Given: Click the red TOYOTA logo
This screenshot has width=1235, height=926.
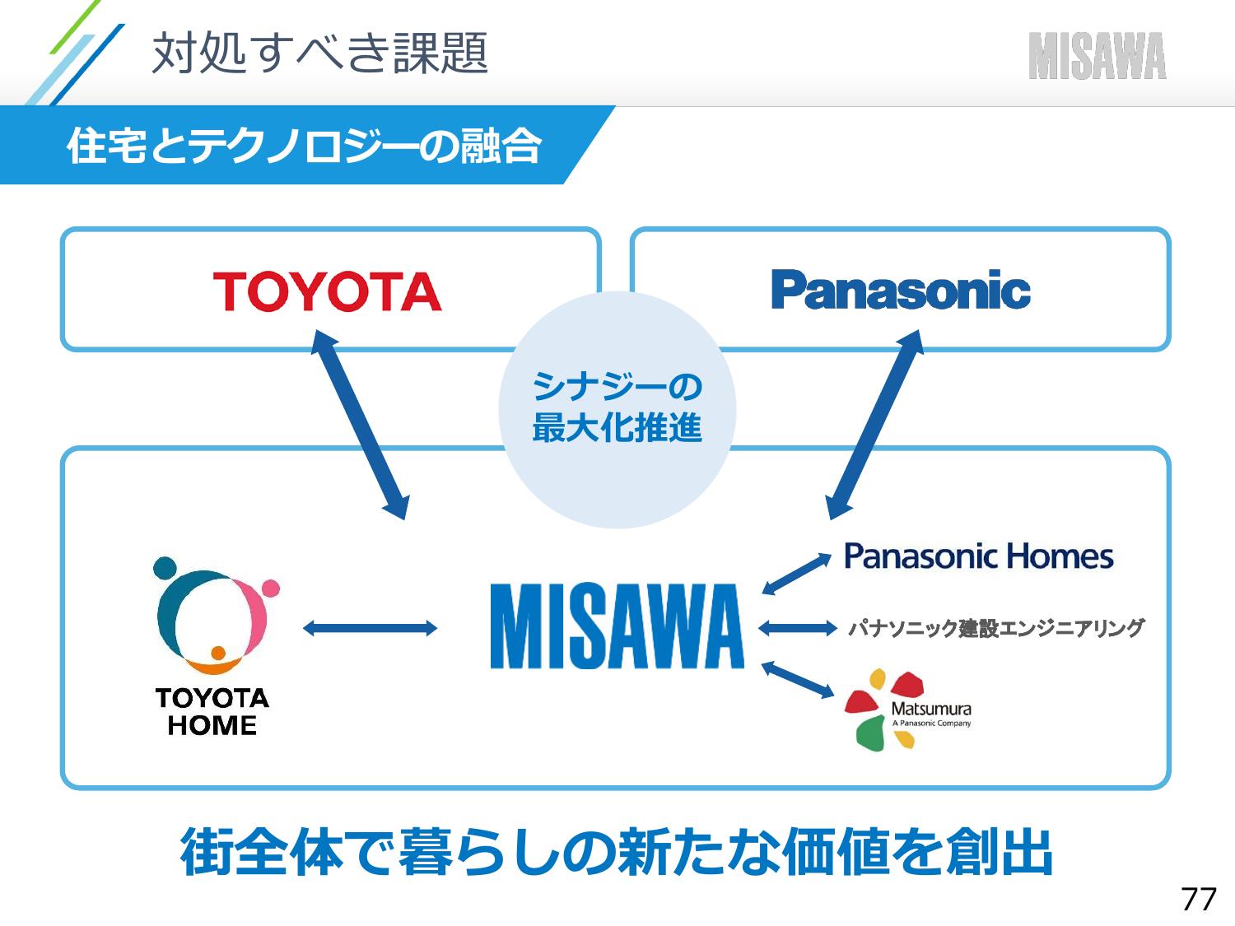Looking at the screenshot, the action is click(x=327, y=291).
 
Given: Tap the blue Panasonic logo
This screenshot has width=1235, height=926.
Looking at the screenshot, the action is click(x=900, y=289).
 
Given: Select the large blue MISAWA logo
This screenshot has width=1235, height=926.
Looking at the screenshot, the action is click(x=617, y=626).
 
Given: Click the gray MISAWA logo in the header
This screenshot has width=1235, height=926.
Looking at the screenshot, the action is click(x=1098, y=56).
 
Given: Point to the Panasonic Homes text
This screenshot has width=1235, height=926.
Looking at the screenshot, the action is click(x=978, y=556).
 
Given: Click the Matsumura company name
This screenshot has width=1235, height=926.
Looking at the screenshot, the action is click(x=931, y=709).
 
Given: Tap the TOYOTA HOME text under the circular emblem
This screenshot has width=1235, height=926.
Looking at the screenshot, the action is click(x=212, y=712).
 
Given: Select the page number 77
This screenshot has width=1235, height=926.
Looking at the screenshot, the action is click(x=1199, y=899).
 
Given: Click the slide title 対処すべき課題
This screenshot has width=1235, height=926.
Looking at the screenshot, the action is click(x=319, y=53).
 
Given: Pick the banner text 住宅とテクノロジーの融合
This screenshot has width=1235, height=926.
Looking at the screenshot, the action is click(x=304, y=146).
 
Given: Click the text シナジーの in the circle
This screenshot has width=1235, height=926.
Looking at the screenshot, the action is click(x=617, y=387).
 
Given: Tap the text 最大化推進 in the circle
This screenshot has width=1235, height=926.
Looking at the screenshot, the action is click(x=617, y=428).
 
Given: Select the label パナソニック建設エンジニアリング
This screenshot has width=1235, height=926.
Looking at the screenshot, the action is click(x=996, y=628).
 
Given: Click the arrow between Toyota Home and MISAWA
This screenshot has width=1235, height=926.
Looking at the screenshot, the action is click(x=370, y=628).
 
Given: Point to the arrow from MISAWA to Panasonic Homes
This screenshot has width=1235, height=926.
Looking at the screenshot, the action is click(x=796, y=574).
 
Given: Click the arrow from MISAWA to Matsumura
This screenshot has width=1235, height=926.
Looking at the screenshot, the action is click(x=797, y=679).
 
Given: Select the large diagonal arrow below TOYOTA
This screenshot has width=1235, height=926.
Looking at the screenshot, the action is click(x=360, y=425).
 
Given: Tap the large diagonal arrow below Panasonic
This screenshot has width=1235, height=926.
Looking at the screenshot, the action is click(x=875, y=425).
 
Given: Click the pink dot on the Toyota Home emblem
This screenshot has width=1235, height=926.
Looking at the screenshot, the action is click(x=271, y=588).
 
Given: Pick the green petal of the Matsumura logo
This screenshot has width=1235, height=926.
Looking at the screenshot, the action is click(x=871, y=733).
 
